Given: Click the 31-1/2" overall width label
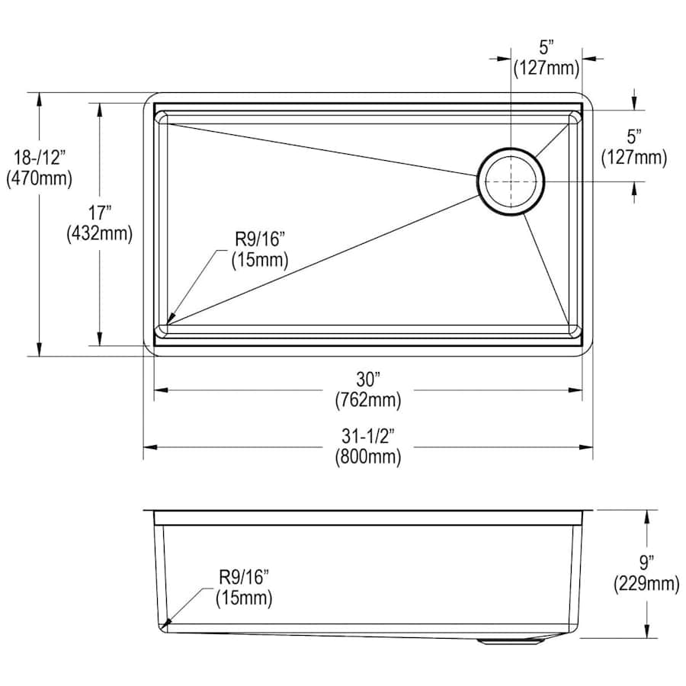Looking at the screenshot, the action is click(368, 436).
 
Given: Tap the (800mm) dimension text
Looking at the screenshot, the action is click(368, 457).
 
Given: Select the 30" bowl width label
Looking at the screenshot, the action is click(368, 380).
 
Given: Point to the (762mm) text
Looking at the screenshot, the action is click(368, 400).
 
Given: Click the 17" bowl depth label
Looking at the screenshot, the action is click(100, 213).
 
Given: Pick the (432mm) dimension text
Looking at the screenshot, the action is click(100, 234).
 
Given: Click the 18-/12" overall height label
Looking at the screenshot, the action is click(40, 158).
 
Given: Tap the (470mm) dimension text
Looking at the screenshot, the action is click(40, 178).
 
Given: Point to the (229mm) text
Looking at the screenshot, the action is click(646, 584).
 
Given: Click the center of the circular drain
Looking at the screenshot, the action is click(511, 181).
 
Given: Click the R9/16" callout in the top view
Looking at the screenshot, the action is click(260, 239).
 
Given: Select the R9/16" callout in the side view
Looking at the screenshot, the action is click(244, 578).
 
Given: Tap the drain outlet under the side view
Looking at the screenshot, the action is click(510, 642).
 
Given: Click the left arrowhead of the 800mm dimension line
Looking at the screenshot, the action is click(149, 447).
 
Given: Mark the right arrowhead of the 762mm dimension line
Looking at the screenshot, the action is click(575, 389).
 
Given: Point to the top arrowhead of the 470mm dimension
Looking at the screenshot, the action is click(40, 100).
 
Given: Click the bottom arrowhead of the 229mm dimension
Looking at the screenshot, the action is click(647, 631).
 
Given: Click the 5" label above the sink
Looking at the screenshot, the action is click(546, 47).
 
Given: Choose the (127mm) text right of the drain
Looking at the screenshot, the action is click(634, 157).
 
